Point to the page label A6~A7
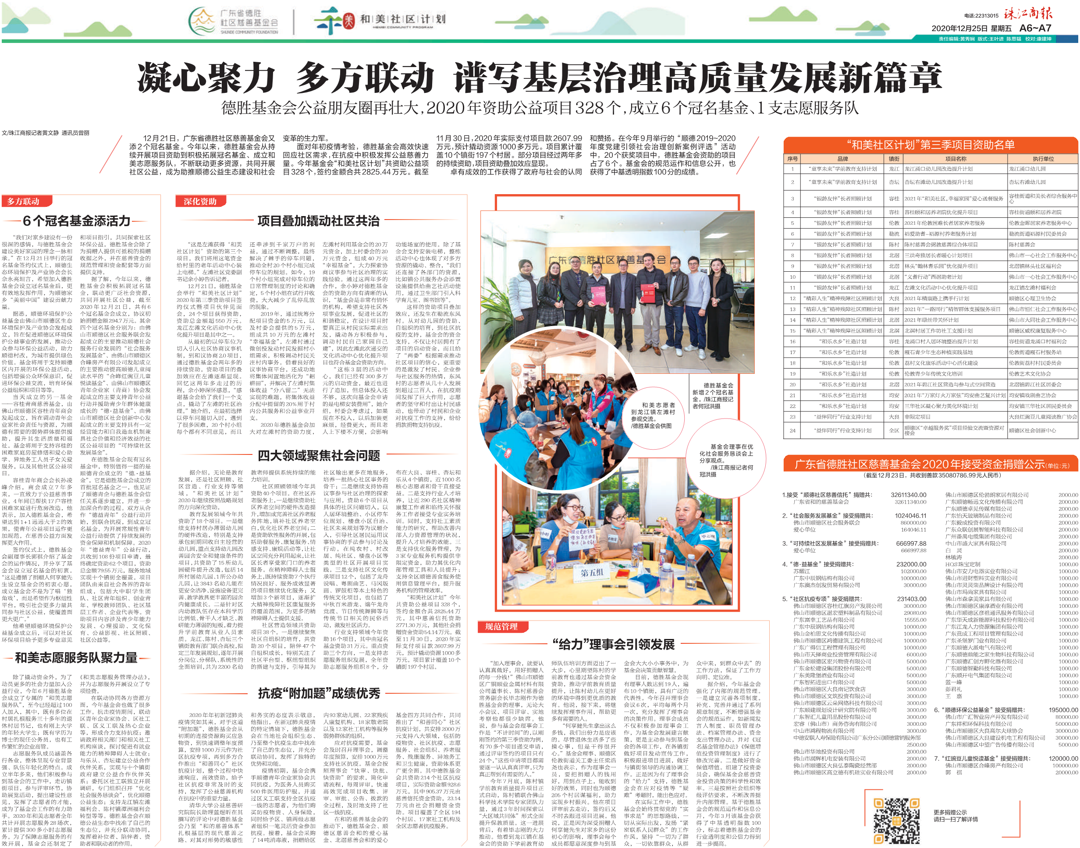click(1035, 28)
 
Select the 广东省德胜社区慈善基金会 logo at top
click(233, 21)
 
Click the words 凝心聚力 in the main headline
click(206, 78)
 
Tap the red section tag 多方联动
click(23, 201)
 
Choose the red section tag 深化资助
click(199, 201)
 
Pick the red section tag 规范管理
click(501, 627)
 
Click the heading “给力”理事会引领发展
click(613, 645)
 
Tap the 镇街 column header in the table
click(894, 159)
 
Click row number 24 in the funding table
click(792, 430)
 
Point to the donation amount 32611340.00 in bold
click(908, 495)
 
